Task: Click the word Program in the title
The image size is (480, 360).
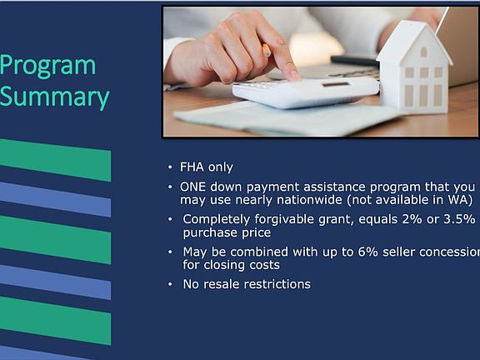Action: point(47,67)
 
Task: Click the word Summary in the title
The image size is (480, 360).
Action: point(54,97)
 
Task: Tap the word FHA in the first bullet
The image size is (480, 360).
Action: point(192,167)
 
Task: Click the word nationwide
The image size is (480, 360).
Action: point(309,200)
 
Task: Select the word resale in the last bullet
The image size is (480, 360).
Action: point(222,284)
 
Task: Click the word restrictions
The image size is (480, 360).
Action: point(277,284)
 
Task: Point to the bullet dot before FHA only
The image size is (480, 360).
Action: point(170,167)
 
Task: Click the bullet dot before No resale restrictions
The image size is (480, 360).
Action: point(170,284)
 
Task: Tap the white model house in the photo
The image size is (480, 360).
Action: point(414,66)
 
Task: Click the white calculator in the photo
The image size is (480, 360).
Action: point(306,92)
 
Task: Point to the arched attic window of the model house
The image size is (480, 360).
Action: point(423,52)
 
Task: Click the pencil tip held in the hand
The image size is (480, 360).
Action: point(267,51)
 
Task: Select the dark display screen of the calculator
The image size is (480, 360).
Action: point(336,84)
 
